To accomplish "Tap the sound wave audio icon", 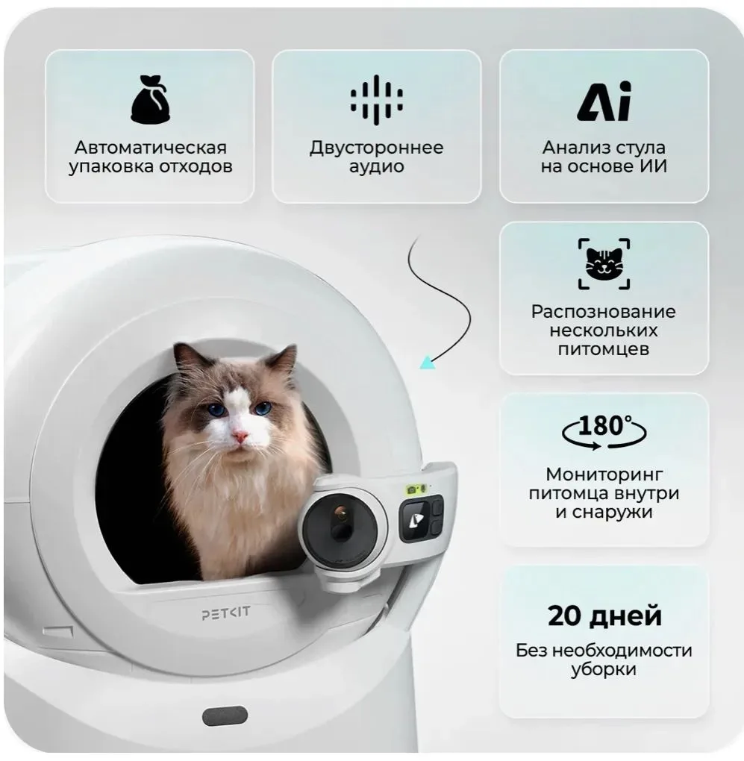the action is click(377, 99).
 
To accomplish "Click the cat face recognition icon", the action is click(604, 263).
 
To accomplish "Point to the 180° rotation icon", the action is click(604, 431).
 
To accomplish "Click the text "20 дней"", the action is click(604, 616).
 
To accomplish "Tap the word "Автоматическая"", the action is click(151, 147).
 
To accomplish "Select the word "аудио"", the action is click(377, 166).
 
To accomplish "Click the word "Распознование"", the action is click(603, 312).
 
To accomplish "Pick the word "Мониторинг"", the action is click(604, 475).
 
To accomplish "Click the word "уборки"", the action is click(603, 670).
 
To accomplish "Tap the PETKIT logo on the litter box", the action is click(226, 613).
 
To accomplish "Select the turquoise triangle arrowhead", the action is click(428, 363).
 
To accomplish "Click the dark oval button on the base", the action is click(225, 716).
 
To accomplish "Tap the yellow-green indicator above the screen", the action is click(417, 489).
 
